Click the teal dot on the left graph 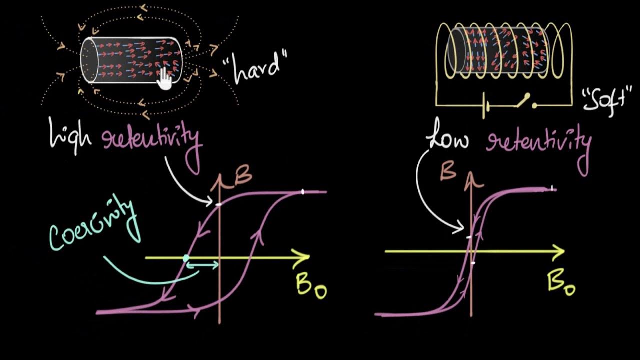(x=186, y=258)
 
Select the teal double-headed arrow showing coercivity (x=202, y=265)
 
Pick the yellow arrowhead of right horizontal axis (x=557, y=251)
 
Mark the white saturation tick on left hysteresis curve (x=302, y=191)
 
